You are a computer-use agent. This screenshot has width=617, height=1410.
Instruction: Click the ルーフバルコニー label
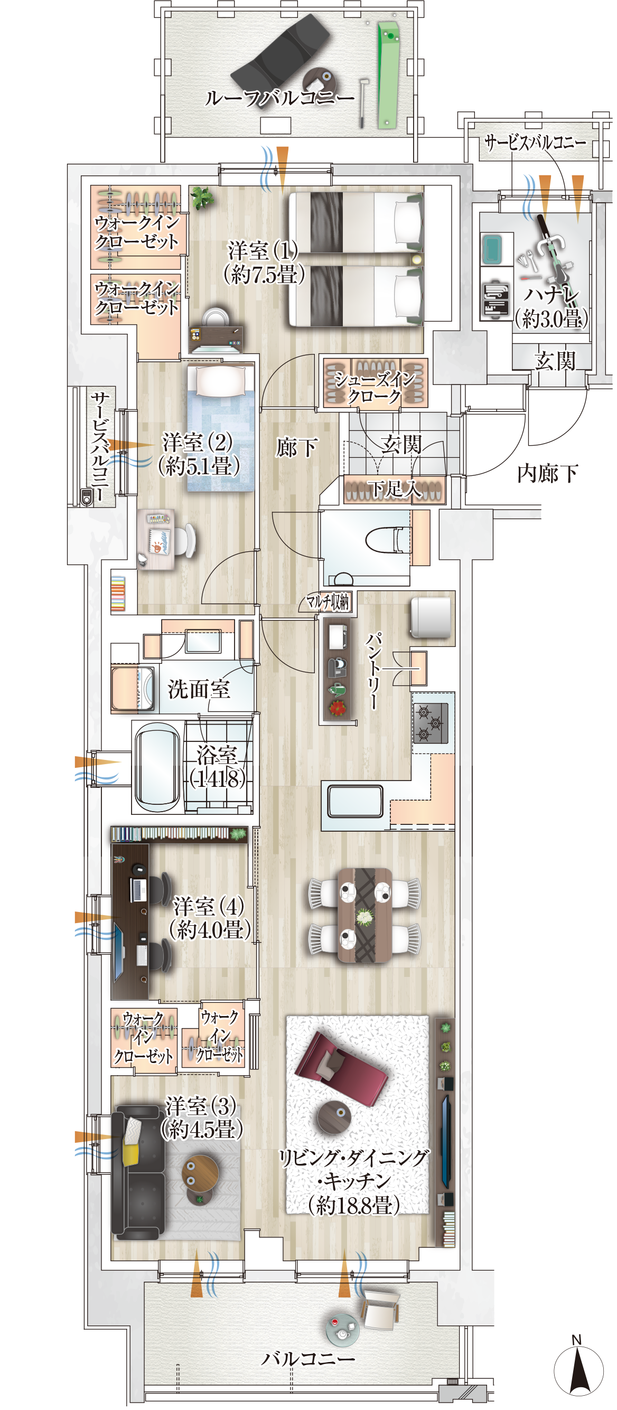[280, 98]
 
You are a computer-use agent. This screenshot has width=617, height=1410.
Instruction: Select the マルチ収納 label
[328, 602]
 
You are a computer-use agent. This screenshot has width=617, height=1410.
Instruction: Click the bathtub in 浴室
[157, 766]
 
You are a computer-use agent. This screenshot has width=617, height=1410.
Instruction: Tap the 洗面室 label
[198, 689]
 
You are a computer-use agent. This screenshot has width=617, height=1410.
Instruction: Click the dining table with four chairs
[364, 914]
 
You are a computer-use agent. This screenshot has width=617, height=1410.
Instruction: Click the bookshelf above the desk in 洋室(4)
[179, 834]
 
